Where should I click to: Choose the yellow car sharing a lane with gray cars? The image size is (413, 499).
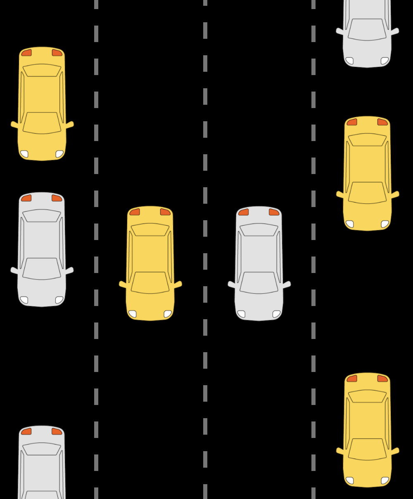click(x=42, y=103)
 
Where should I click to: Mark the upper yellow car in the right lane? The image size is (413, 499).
click(x=367, y=173)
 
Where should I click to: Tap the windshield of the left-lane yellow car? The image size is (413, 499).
click(x=42, y=123)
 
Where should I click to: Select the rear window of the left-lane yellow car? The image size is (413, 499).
click(x=42, y=71)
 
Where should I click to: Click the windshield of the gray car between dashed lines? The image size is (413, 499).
click(x=259, y=282)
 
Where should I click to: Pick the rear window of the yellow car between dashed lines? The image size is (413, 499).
click(x=150, y=230)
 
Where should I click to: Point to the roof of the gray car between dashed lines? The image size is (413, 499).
click(x=259, y=254)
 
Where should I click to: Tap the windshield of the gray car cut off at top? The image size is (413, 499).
click(x=367, y=29)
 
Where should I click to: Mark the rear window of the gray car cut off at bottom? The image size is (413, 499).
click(x=42, y=449)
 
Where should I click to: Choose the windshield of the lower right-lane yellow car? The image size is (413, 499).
click(x=367, y=449)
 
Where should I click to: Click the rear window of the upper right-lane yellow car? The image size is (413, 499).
click(x=367, y=140)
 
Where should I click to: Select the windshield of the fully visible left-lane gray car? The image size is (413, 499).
click(x=42, y=268)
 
